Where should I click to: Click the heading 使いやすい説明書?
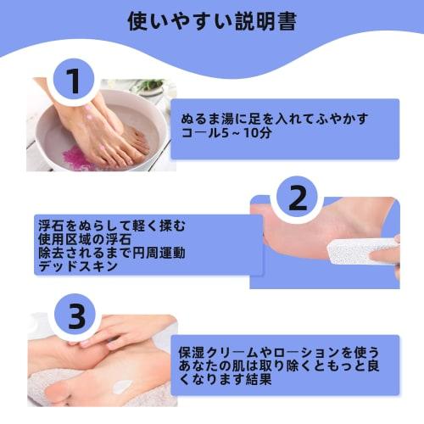pyautogui.click(x=211, y=21)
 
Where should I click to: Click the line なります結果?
pyautogui.click(x=222, y=382)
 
